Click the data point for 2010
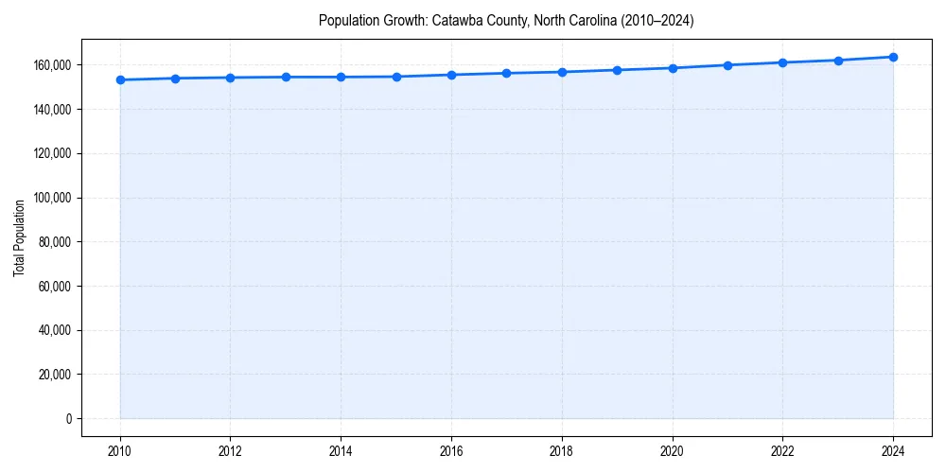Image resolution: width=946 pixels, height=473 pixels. click(x=120, y=79)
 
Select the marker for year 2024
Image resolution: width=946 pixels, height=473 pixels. click(x=893, y=57)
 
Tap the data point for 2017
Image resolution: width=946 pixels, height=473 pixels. click(x=507, y=73)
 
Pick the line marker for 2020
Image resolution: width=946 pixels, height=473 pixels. click(x=673, y=68)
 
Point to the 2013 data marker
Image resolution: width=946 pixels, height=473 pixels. click(x=286, y=77)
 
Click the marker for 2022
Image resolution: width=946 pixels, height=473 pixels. click(x=782, y=62)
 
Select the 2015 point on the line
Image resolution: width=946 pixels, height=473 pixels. click(x=396, y=77)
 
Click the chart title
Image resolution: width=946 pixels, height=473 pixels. click(x=506, y=21)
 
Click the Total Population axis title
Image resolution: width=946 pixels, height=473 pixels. click(x=19, y=237)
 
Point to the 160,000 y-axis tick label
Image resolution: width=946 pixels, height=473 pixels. click(x=52, y=65)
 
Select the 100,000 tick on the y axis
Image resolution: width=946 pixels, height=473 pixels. click(x=52, y=198)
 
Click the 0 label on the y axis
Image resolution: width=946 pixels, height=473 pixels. click(x=68, y=418)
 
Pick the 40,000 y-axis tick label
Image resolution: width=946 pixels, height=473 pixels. click(x=55, y=330)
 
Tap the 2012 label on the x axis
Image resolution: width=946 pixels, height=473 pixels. click(x=231, y=450)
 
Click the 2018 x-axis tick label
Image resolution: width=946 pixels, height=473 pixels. click(x=562, y=450)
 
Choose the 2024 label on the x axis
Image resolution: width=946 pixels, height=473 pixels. click(x=893, y=450)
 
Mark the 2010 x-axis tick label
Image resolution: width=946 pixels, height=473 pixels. click(x=120, y=450)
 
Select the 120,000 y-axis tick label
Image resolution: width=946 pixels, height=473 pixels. click(x=52, y=153)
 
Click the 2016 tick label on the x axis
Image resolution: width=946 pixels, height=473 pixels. click(x=451, y=450)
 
